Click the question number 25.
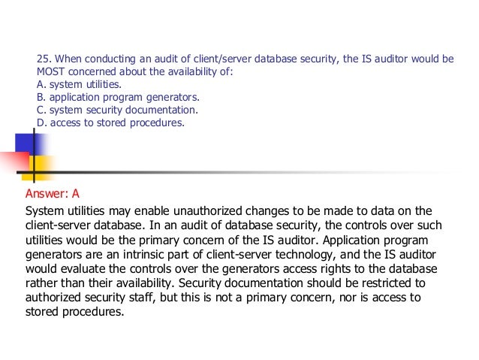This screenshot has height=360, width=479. pyautogui.click(x=43, y=59)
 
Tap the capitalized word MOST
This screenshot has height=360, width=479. pyautogui.click(x=50, y=71)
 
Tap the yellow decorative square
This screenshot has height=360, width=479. pyautogui.click(x=38, y=167)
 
